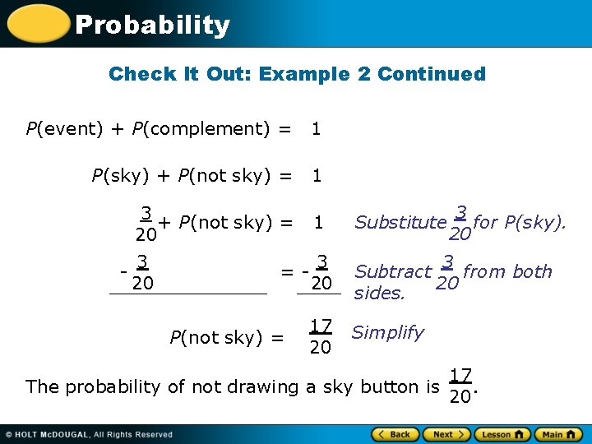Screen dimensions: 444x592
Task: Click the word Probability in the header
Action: click(152, 25)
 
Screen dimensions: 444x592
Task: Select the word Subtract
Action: click(393, 272)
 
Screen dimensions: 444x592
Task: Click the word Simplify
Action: click(387, 333)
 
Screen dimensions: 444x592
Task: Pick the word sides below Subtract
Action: click(379, 294)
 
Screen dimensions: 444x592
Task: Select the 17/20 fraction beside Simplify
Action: click(320, 335)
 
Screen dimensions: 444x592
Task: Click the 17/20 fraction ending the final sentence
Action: click(460, 386)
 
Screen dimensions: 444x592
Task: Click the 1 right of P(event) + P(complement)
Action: click(316, 129)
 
